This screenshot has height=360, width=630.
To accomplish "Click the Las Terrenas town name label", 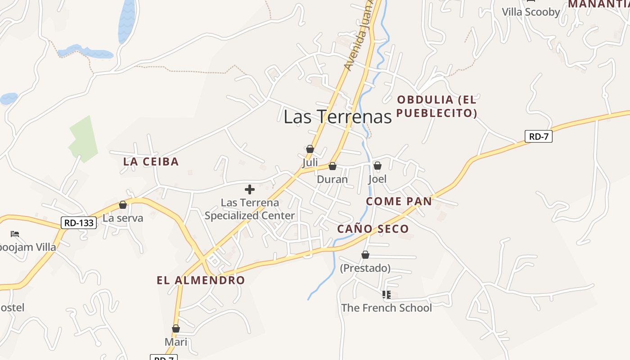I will pyautogui.click(x=337, y=117).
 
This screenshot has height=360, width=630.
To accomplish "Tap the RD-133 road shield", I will pyautogui.click(x=79, y=222).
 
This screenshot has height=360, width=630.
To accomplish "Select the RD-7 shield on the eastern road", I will pyautogui.click(x=538, y=136).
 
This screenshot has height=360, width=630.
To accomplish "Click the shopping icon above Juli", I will pyautogui.click(x=310, y=149).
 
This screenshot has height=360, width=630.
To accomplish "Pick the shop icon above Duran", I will pyautogui.click(x=333, y=166).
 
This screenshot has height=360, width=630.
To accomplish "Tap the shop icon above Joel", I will pyautogui.click(x=378, y=166).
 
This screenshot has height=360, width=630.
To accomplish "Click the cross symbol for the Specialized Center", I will pyautogui.click(x=249, y=189).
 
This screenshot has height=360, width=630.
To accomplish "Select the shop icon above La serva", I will pyautogui.click(x=123, y=205).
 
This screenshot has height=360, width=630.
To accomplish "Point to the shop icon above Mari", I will pyautogui.click(x=176, y=329).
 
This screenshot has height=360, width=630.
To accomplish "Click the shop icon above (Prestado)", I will pyautogui.click(x=365, y=255).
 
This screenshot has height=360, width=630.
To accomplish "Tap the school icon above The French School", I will pyautogui.click(x=386, y=295).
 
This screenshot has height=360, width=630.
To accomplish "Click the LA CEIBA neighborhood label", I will pyautogui.click(x=151, y=162).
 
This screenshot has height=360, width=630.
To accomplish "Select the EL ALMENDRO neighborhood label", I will pyautogui.click(x=201, y=280).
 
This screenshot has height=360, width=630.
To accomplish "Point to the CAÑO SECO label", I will pyautogui.click(x=373, y=229).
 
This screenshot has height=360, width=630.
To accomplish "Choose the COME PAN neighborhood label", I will pyautogui.click(x=399, y=201).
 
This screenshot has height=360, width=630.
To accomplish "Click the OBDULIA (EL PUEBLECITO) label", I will pyautogui.click(x=436, y=106).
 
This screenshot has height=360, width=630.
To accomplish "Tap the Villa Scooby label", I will pyautogui.click(x=531, y=12).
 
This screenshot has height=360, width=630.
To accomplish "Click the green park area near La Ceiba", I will pyautogui.click(x=83, y=139).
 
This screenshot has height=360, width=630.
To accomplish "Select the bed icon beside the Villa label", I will pyautogui.click(x=15, y=234).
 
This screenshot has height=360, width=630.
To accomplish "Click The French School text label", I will pyautogui.click(x=386, y=308).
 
